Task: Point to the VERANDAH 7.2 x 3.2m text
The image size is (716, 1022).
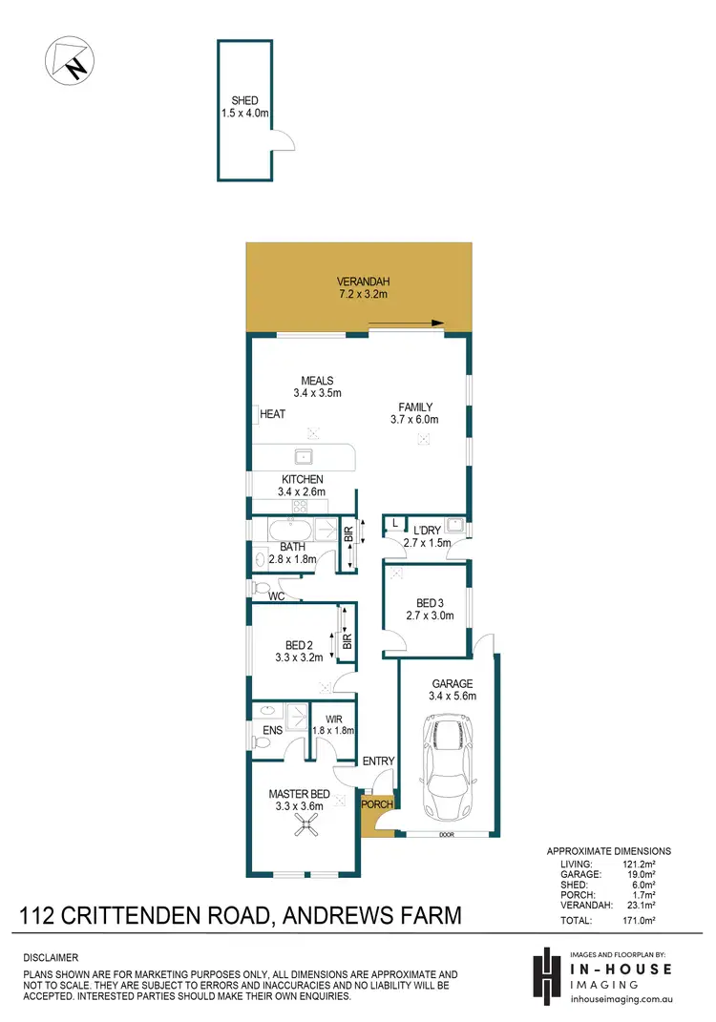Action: pos(364,288)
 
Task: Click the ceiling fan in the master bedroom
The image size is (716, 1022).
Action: pos(306,830)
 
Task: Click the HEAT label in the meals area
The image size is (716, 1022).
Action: pos(273,414)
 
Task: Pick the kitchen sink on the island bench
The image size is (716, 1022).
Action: pos(304,455)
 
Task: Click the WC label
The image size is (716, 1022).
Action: pos(277,596)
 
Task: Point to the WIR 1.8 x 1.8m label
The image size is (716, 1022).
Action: pos(333,724)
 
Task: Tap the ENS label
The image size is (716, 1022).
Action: pos(272,732)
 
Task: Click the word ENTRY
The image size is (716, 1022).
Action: pos(379,761)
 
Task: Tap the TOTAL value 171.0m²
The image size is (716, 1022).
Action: pos(648,921)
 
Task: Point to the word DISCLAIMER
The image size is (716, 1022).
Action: pos(51,957)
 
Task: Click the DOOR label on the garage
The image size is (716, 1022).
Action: pos(448,834)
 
